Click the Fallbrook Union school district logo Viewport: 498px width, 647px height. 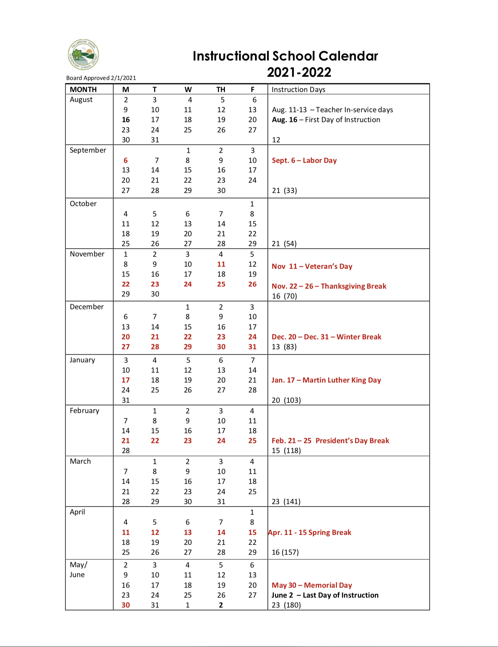click(83, 55)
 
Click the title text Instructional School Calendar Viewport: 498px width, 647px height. click(285, 56)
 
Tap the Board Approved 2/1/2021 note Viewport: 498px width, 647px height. click(101, 78)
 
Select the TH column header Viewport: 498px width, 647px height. click(221, 89)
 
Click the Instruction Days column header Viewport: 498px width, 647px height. click(298, 89)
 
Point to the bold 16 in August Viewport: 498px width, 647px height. click(126, 120)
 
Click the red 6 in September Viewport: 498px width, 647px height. click(126, 160)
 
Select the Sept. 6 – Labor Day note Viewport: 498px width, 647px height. click(304, 160)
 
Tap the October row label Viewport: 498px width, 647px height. click(83, 204)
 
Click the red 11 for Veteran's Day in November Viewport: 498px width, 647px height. click(221, 264)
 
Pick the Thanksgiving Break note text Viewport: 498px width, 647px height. click(329, 286)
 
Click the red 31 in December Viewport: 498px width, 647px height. click(252, 347)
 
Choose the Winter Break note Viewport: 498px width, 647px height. click(326, 337)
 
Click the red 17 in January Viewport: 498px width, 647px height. click(126, 380)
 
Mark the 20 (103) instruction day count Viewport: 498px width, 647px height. click(286, 400)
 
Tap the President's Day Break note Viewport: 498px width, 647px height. click(330, 440)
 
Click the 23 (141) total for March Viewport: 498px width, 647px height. click(286, 501)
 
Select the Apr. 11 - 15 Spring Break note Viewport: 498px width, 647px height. click(310, 532)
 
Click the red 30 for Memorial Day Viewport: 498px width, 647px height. click(126, 605)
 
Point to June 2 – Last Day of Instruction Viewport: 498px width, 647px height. click(325, 595)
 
